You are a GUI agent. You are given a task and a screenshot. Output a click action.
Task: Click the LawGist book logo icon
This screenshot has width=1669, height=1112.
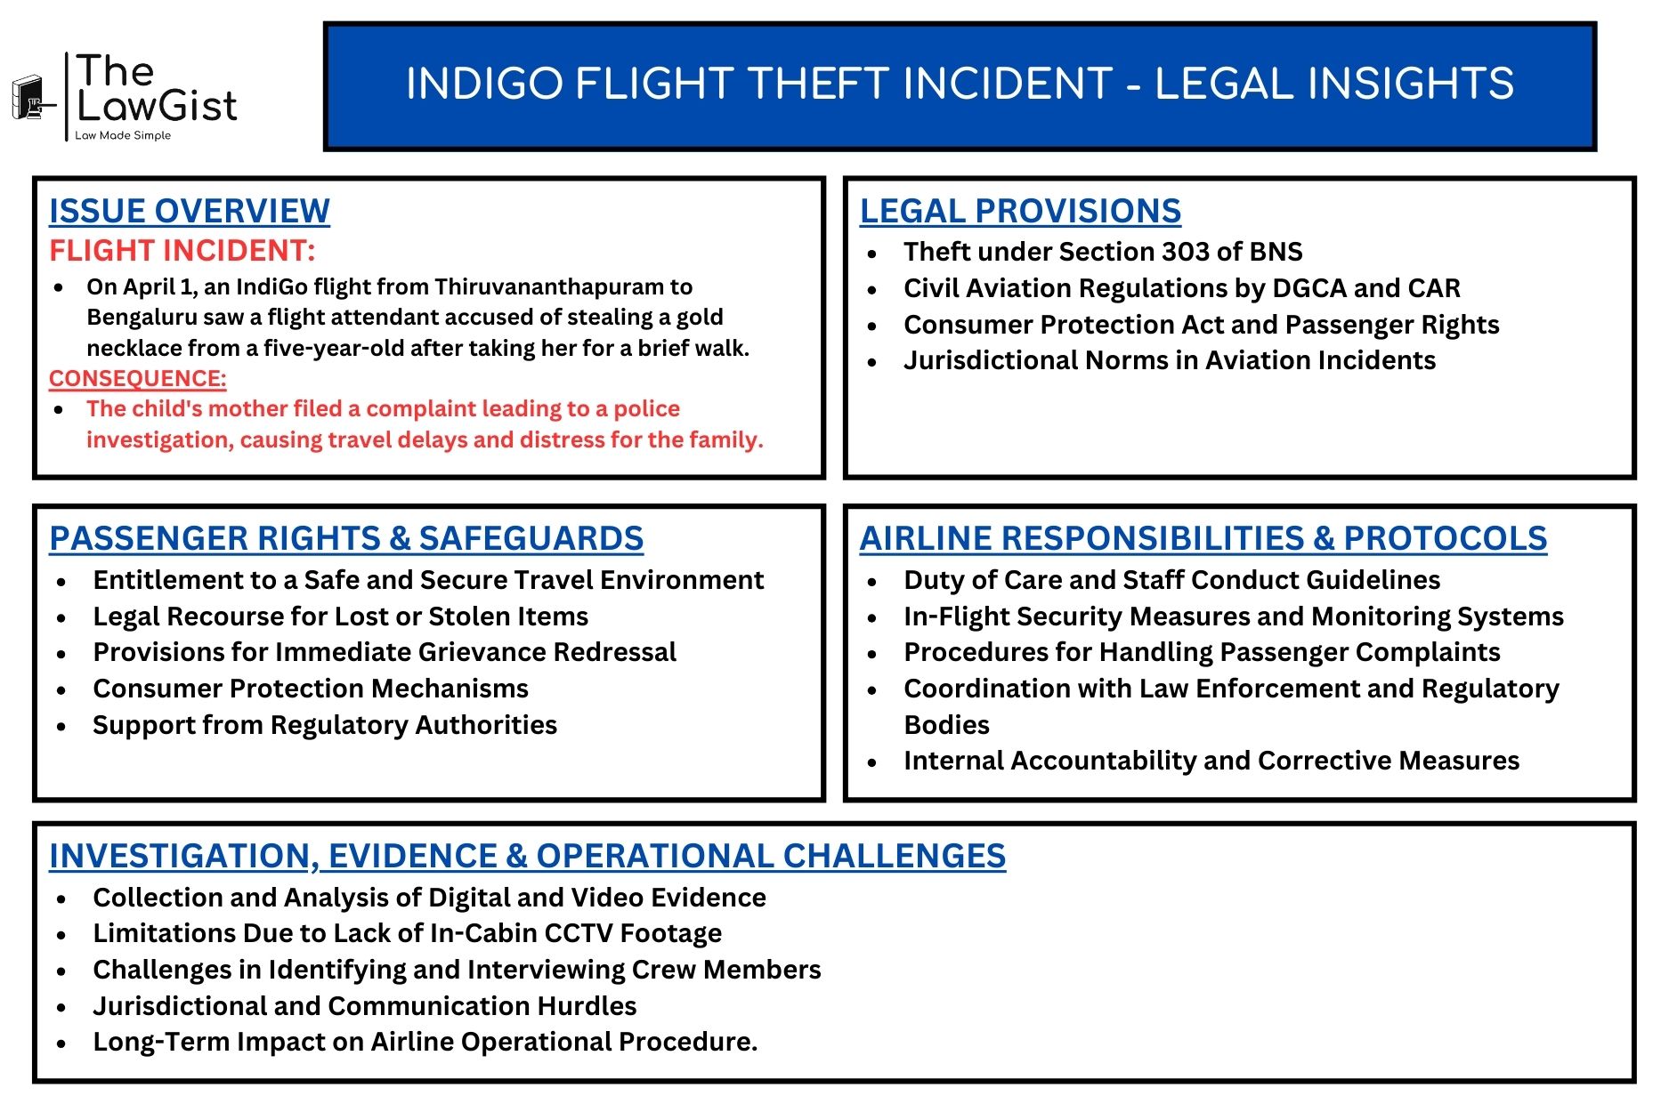click(32, 97)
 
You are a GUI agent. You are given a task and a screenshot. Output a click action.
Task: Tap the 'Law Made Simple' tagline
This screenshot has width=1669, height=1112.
click(123, 135)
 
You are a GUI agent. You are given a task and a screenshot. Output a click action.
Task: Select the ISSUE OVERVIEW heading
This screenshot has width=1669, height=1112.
click(190, 211)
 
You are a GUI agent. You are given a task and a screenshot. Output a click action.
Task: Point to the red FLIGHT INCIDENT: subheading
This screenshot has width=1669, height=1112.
click(182, 251)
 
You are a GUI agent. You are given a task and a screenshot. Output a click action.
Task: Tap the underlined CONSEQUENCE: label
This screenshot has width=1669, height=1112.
click(138, 379)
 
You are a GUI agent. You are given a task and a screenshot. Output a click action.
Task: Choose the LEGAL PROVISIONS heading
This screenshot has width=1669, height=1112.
click(1020, 211)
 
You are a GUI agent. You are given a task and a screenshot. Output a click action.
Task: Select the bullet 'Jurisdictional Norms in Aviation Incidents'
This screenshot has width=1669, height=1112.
click(1170, 360)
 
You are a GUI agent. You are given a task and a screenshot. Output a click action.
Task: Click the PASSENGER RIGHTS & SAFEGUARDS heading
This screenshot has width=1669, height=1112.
click(346, 538)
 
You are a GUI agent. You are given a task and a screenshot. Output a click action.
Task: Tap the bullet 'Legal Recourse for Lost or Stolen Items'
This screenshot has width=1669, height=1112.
click(341, 616)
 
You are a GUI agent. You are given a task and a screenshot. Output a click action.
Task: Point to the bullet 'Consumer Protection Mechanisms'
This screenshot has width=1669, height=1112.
click(311, 689)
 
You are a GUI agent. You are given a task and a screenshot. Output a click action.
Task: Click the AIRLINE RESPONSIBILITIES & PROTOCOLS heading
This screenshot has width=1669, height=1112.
click(1203, 538)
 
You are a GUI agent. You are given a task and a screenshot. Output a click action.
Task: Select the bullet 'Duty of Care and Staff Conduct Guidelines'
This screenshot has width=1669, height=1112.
click(1172, 580)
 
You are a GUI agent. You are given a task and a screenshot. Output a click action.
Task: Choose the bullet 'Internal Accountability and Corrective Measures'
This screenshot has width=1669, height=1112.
click(1211, 761)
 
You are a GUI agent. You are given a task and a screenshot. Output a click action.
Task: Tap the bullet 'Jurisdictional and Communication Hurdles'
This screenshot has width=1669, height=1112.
click(365, 1006)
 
